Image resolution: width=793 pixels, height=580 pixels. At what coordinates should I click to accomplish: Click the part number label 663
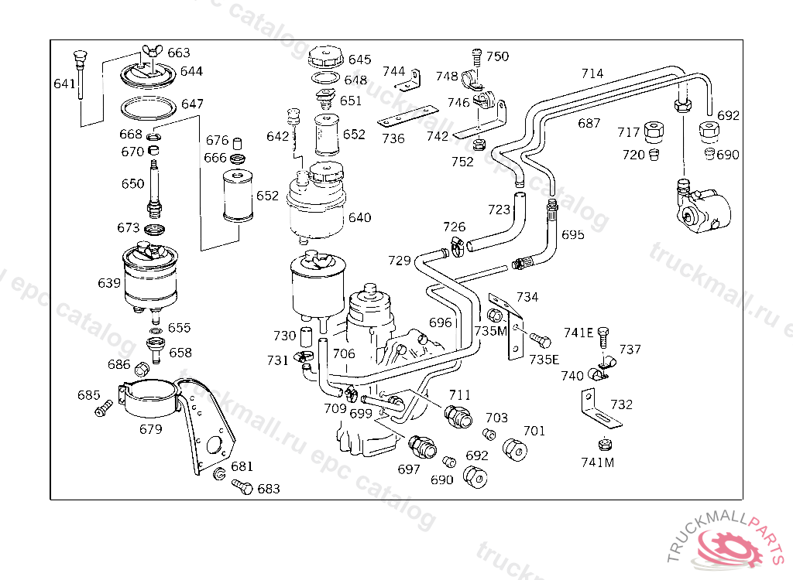point(179,53)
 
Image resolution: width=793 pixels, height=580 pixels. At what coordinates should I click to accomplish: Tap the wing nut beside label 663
point(149,50)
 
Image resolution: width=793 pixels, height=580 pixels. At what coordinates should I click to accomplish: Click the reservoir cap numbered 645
point(326,57)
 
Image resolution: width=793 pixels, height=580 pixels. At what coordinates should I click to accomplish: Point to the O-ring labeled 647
point(148,107)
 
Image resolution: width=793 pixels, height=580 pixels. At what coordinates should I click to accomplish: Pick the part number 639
point(109,283)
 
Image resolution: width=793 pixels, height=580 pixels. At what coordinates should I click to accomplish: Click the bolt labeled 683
point(242,487)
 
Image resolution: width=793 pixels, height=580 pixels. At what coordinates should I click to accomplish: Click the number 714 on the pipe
point(592,73)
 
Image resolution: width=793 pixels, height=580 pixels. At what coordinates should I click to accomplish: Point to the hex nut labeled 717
point(654,132)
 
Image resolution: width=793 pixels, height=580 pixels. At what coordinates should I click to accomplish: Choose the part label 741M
point(597,462)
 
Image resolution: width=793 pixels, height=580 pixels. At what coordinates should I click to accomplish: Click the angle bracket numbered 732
point(600,408)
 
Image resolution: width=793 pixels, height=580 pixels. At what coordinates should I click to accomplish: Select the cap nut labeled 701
point(515,449)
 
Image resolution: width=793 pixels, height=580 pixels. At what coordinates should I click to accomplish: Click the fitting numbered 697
point(422,446)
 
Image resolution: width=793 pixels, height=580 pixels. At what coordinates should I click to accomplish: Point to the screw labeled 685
point(105,408)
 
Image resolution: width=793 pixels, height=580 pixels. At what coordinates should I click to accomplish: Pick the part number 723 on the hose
point(499,209)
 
